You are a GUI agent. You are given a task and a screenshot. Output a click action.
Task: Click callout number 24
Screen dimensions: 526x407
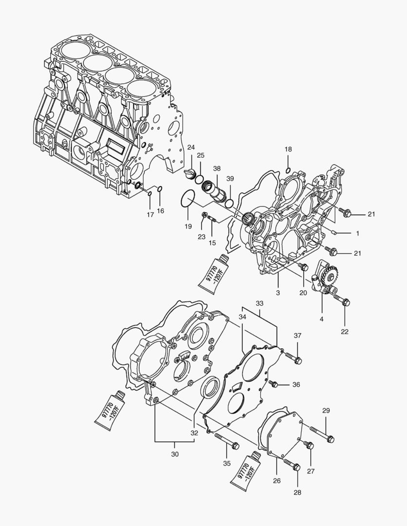coord(191,147)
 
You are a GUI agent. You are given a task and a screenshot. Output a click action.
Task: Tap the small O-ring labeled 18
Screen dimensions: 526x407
coord(288,170)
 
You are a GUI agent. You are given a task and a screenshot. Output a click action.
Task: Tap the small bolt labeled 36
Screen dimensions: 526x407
coord(274,384)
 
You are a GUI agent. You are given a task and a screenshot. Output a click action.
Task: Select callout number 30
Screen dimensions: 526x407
coord(175,454)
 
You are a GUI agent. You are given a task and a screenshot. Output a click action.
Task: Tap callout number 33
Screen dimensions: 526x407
coord(260,303)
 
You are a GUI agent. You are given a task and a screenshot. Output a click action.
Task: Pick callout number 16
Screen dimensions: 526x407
coord(160,211)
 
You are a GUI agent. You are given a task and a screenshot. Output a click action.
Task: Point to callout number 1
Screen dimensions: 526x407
coord(357,233)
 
